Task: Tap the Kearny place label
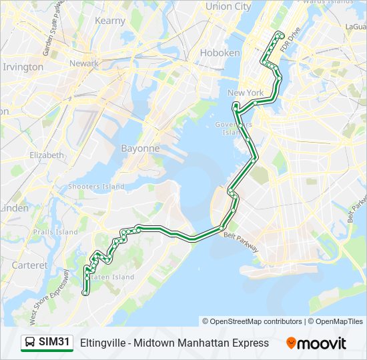110,21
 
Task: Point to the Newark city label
84,63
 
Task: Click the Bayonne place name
140,149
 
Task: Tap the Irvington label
23,67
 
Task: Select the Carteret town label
30,265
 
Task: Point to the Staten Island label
113,277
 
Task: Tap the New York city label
246,93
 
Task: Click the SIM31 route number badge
54,343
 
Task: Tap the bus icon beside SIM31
30,343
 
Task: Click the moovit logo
316,343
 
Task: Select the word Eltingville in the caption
102,343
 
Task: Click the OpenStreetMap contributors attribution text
252,321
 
